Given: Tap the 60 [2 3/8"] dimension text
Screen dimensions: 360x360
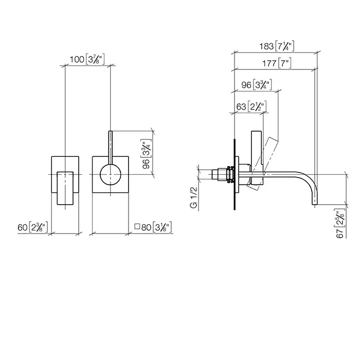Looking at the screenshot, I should click(33, 227).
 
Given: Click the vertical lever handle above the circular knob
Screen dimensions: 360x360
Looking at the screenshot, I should click(110, 146).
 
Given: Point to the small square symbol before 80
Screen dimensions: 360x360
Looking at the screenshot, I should click(136, 226).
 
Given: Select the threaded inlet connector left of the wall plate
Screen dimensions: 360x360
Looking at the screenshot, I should click(220, 174).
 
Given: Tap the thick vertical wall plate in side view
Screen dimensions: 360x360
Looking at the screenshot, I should click(235, 175).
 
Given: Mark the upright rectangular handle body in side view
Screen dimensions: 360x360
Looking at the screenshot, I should click(257, 149).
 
